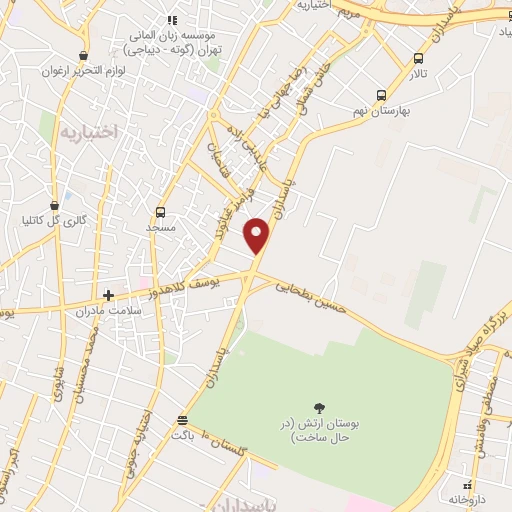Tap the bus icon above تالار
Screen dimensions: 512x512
(x=416, y=57)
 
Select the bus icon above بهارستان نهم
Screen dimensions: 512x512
(x=380, y=95)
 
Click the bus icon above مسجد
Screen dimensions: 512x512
(x=161, y=212)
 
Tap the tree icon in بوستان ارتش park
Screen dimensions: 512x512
(x=320, y=408)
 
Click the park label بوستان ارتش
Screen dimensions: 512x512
(x=320, y=430)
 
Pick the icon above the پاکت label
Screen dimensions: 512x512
(x=181, y=421)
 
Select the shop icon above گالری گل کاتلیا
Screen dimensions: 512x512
(x=68, y=205)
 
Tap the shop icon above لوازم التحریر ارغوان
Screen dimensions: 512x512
(x=80, y=57)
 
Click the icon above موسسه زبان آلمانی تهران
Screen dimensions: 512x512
(x=172, y=19)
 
